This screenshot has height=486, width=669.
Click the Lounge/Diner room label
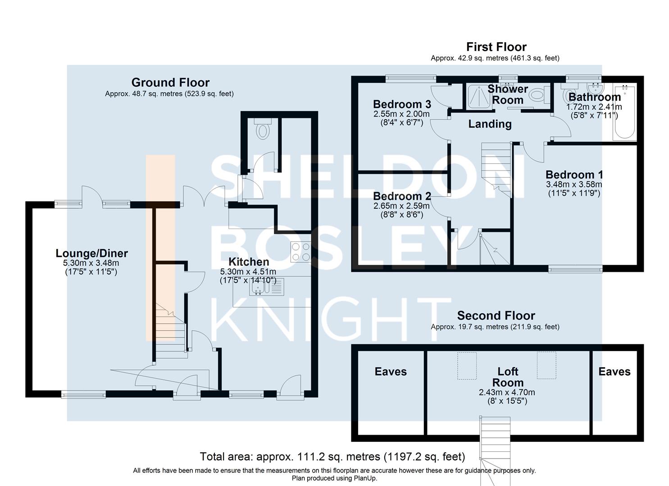click(92, 253)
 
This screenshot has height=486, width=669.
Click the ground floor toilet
click(263, 129)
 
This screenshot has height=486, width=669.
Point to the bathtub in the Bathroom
click(625, 112)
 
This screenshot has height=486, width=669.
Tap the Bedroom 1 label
click(574, 175)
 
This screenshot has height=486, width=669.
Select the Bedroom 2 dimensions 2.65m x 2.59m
click(401, 206)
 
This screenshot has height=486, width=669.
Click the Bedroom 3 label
click(402, 104)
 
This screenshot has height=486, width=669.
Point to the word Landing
click(490, 124)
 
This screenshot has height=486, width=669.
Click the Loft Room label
click(508, 377)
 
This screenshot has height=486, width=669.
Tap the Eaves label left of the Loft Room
click(391, 371)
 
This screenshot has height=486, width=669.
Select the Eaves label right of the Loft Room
click(614, 371)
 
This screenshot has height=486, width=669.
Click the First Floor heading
click(496, 47)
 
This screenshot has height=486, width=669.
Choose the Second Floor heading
click(496, 315)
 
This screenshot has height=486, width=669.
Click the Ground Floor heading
click(170, 82)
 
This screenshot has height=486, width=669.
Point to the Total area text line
click(332, 456)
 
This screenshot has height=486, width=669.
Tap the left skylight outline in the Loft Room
click(467, 365)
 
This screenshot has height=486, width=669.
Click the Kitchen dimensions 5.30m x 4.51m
click(248, 272)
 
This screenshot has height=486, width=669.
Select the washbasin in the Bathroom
click(595, 88)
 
